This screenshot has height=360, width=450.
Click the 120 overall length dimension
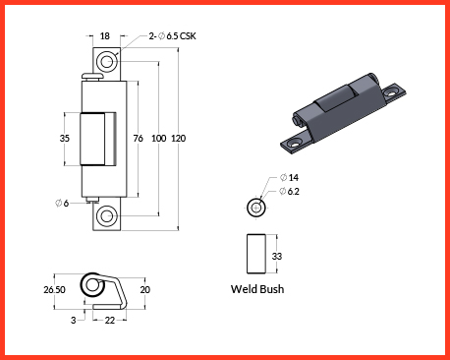(x=179, y=139)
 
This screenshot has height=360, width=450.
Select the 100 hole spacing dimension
(x=159, y=139)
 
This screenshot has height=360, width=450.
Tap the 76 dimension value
(x=139, y=139)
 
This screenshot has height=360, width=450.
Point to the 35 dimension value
(x=65, y=138)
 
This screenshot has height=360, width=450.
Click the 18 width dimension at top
(x=105, y=35)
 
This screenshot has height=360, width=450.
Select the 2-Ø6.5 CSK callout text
(x=172, y=35)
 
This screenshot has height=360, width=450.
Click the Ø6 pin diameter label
(x=62, y=204)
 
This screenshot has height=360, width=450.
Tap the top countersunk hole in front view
(x=107, y=62)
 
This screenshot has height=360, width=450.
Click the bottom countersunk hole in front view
(x=107, y=216)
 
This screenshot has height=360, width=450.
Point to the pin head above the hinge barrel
(x=92, y=77)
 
